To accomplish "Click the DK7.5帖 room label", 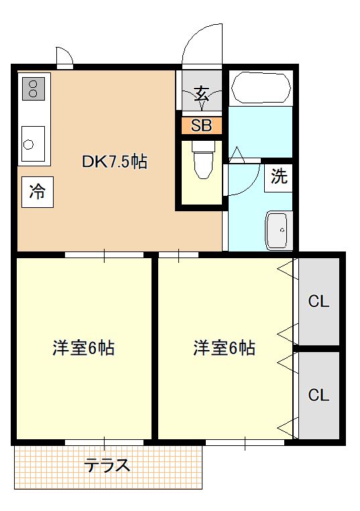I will (115, 161).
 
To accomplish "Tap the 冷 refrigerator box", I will (37, 192).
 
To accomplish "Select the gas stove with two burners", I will (34, 88).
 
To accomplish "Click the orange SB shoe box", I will (201, 125).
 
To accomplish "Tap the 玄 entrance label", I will (201, 93).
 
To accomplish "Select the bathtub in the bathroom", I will (261, 88).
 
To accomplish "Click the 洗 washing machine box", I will (279, 177).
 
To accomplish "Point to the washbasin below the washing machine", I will (278, 230).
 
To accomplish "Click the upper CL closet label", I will (318, 301).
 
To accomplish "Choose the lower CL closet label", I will (318, 395).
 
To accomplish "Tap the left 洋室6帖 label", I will (83, 348).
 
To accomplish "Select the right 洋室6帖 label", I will (224, 348).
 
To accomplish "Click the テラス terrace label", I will (107, 465).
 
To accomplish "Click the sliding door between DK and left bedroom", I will (104, 255).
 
